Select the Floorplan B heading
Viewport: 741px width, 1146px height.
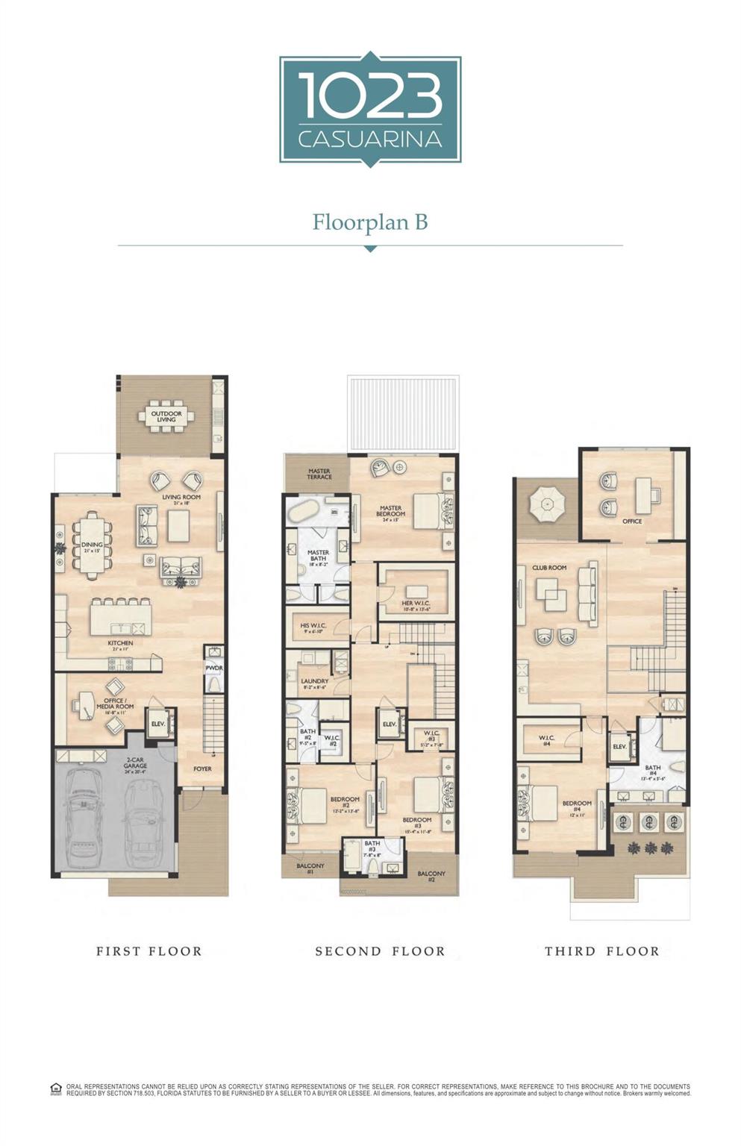coord(370,222)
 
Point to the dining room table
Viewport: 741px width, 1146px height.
coord(92,545)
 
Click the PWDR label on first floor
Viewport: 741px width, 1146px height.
coord(214,668)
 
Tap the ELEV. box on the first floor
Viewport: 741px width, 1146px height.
coord(158,724)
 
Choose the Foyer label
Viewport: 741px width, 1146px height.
coord(202,768)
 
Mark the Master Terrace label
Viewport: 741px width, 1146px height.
coord(319,475)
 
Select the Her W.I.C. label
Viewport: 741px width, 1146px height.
coord(416,604)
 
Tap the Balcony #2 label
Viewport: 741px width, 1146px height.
coord(431,876)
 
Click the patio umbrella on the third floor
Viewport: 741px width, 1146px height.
coord(548,506)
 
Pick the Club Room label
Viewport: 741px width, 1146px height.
coord(549,569)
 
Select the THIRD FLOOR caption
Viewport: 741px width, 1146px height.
coord(601,951)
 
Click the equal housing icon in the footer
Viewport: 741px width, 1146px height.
coord(56,1089)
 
